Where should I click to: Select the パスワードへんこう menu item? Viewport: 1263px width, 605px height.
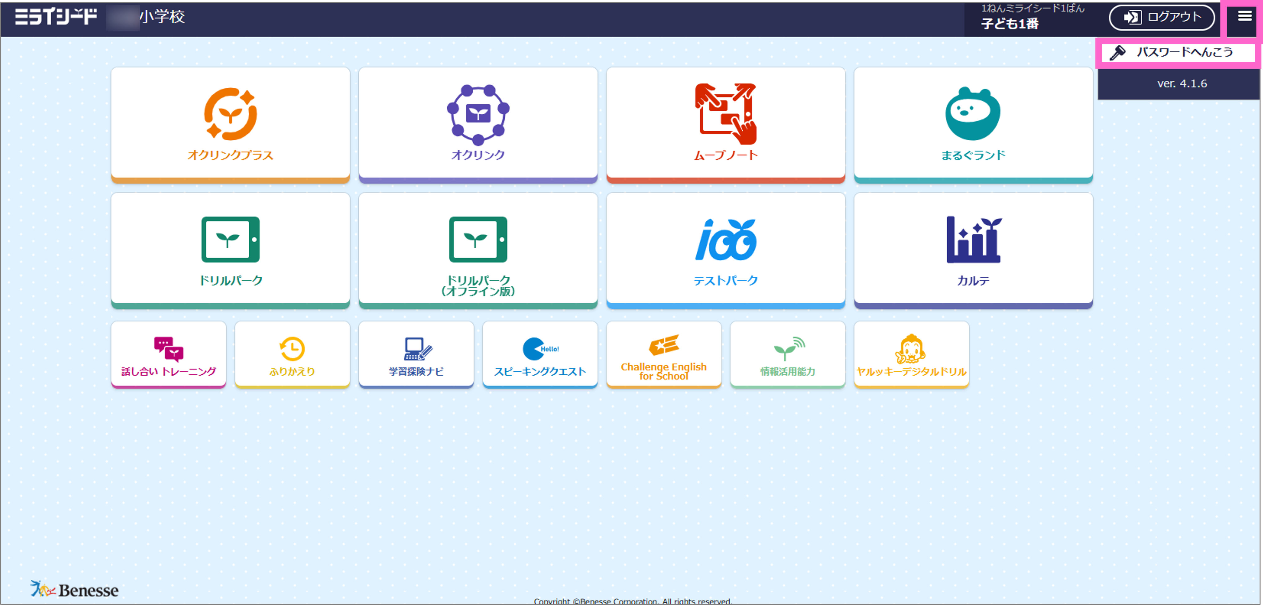click(x=1177, y=52)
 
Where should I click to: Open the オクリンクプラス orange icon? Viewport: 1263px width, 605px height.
click(x=231, y=114)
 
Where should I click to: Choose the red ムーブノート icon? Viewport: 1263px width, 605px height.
click(x=726, y=114)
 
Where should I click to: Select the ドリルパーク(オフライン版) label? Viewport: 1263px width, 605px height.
click(x=478, y=285)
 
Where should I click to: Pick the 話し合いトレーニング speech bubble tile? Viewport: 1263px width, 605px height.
click(x=169, y=354)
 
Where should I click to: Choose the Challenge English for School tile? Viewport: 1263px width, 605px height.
click(x=664, y=354)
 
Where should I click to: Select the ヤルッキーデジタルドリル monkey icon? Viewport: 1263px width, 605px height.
click(x=911, y=348)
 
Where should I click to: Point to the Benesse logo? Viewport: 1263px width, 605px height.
click(x=75, y=589)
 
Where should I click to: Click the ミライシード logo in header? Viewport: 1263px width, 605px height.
click(x=56, y=17)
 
